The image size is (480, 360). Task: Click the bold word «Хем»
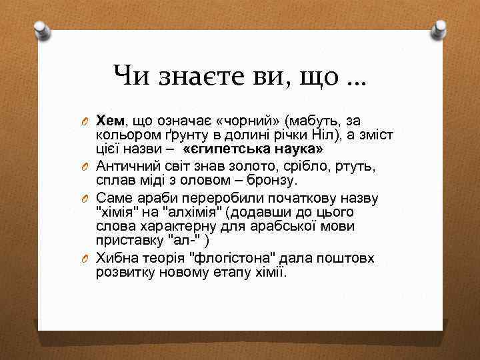(x=110, y=121)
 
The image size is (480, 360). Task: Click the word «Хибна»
(x=117, y=258)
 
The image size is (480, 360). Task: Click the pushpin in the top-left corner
(x=42, y=29)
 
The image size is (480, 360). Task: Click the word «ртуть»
(x=357, y=166)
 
